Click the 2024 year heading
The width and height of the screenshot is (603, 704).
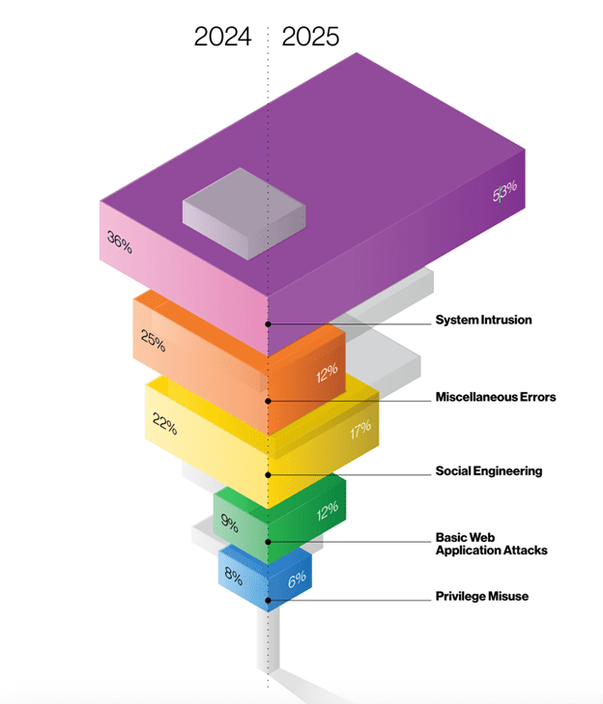tap(222, 37)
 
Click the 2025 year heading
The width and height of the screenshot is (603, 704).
tap(311, 37)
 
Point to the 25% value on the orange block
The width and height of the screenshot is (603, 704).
tap(153, 341)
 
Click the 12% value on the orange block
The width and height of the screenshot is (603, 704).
tap(326, 373)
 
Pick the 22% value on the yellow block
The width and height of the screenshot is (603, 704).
tap(164, 422)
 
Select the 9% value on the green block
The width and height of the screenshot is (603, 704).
tap(230, 523)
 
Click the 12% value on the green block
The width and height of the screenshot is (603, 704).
tap(327, 509)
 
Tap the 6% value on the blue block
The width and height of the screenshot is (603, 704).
tap(296, 577)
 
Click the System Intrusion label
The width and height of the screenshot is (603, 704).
tap(483, 320)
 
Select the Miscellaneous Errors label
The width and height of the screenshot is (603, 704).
tap(495, 397)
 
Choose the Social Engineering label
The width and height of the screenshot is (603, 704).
tap(488, 471)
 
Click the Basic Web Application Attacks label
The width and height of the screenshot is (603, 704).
tap(491, 544)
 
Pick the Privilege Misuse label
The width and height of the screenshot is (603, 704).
tap(481, 597)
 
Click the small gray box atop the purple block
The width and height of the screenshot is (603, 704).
tap(245, 212)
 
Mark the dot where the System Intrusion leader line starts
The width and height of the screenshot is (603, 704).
tap(269, 324)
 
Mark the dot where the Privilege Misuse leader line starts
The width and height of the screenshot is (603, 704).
tap(269, 600)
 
